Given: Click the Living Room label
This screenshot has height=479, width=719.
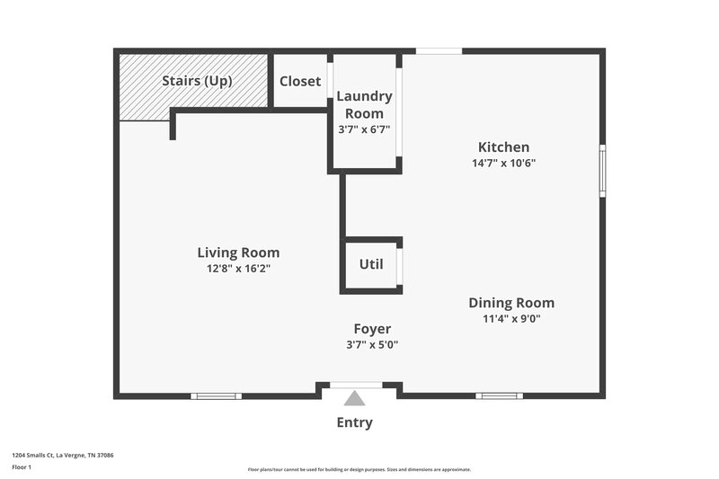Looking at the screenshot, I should (x=238, y=253).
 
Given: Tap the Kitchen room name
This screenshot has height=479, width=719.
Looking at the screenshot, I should (x=503, y=147).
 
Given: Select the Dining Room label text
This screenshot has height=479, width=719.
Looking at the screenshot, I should (x=510, y=303).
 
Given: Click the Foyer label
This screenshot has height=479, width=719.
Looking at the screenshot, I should (x=372, y=329).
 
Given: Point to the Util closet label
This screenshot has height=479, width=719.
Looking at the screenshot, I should (x=371, y=264).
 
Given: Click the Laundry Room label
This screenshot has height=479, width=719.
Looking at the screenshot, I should (x=364, y=105).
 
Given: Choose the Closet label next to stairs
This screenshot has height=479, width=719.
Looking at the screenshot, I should (x=300, y=81).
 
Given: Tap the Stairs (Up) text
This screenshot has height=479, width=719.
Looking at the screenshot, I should (x=197, y=81).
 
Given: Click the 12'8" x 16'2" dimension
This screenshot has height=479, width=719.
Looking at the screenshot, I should (x=238, y=268).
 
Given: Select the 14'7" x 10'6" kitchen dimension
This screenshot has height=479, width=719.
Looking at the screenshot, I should (x=503, y=163).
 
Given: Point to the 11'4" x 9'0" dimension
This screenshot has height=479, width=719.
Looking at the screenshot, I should (x=510, y=318).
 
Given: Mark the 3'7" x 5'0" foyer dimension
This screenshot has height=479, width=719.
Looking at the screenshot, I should (x=372, y=344).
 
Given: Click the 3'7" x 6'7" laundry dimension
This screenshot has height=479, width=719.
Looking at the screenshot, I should (x=364, y=129).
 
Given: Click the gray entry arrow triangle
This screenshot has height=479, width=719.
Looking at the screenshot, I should (x=355, y=398).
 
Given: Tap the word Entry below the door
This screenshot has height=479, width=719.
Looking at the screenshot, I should (x=354, y=422).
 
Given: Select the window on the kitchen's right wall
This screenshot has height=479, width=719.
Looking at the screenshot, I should (x=602, y=170).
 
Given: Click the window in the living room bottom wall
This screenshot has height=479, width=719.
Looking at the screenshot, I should (x=217, y=395).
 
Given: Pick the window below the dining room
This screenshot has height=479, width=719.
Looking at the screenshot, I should (x=499, y=395).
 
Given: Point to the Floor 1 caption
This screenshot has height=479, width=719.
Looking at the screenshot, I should (x=22, y=467).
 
